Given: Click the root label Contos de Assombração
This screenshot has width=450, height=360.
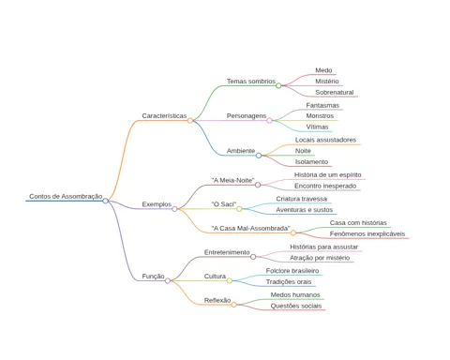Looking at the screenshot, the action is [x=66, y=196].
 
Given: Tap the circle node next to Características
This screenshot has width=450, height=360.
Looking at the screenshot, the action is [x=190, y=120].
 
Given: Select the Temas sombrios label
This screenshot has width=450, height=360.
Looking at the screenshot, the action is [x=251, y=82].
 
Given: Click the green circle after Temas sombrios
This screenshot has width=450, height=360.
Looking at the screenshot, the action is [x=278, y=85].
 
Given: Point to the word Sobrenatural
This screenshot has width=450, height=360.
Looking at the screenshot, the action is [x=335, y=92].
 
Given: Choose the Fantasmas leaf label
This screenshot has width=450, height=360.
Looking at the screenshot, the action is [x=322, y=105].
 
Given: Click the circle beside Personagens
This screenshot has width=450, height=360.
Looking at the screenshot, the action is [x=269, y=120].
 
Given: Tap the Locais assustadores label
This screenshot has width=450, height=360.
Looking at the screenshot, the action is [x=325, y=140].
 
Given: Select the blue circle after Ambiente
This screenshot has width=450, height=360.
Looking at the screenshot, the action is [x=259, y=156].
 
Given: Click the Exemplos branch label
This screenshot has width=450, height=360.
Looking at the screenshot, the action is [x=157, y=204].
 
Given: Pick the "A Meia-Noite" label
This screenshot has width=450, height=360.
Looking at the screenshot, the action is [x=232, y=180].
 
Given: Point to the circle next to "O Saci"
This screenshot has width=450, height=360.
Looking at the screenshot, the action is [x=239, y=209].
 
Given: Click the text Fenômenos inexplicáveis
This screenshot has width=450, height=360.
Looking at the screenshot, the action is [x=367, y=233].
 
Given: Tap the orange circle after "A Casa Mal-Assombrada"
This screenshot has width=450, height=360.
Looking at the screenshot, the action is [x=293, y=232].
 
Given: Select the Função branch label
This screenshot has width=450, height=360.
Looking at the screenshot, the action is [x=153, y=277].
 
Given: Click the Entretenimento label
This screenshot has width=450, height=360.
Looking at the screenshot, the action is [x=227, y=252].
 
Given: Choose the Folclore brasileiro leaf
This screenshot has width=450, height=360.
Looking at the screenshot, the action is [x=292, y=271].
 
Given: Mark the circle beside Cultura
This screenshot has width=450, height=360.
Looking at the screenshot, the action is [x=230, y=280].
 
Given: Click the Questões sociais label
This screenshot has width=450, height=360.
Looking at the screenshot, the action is [x=296, y=306].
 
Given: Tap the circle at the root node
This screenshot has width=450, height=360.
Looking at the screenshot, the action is [x=105, y=201].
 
